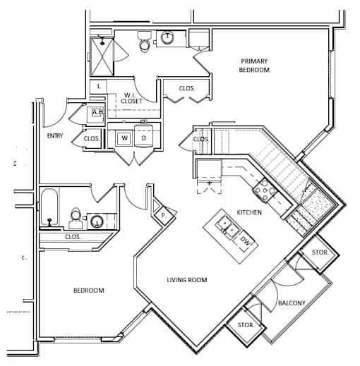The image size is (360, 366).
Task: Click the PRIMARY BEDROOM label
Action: tap(254, 66)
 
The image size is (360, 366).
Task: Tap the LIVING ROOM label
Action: tap(187, 280)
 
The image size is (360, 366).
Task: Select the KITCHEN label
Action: tap(249, 212)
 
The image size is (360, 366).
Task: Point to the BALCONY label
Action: tap(292, 303)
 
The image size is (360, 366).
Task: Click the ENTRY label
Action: tap(55, 136)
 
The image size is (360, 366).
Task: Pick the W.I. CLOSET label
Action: tap(132, 98)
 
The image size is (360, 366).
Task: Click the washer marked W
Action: tap(124, 138)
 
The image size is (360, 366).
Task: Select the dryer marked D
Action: tap(143, 136)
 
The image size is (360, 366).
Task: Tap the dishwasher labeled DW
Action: tap(244, 240)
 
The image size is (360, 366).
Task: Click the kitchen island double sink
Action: tap(227, 226)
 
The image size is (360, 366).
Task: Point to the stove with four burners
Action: tap(265, 190)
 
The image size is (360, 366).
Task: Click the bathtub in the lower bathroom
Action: tap(49, 207)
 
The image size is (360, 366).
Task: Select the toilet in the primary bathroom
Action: tap(144, 42)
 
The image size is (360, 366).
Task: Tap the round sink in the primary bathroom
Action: tap(167, 37)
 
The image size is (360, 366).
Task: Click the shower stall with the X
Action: tap(102, 56)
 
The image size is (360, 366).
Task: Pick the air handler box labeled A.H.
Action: tap(96, 115)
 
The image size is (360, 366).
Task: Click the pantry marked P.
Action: tap(164, 215)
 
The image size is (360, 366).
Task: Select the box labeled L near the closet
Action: tap(99, 87)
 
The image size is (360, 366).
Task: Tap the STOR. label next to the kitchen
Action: tap(320, 252)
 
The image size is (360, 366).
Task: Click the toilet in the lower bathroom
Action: tap(76, 219)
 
